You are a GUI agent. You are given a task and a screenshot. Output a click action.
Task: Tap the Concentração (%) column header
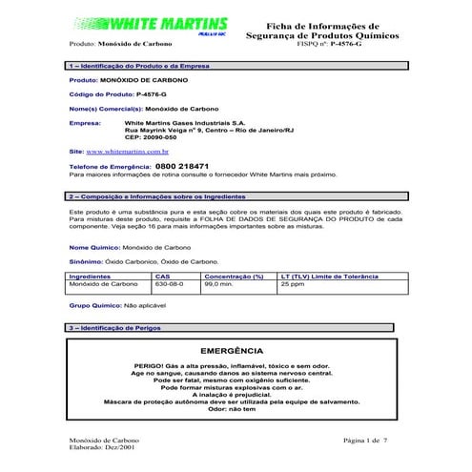(233, 275)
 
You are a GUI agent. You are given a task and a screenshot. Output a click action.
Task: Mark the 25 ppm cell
(291, 283)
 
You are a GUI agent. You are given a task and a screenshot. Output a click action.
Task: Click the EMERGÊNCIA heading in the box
(236, 350)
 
